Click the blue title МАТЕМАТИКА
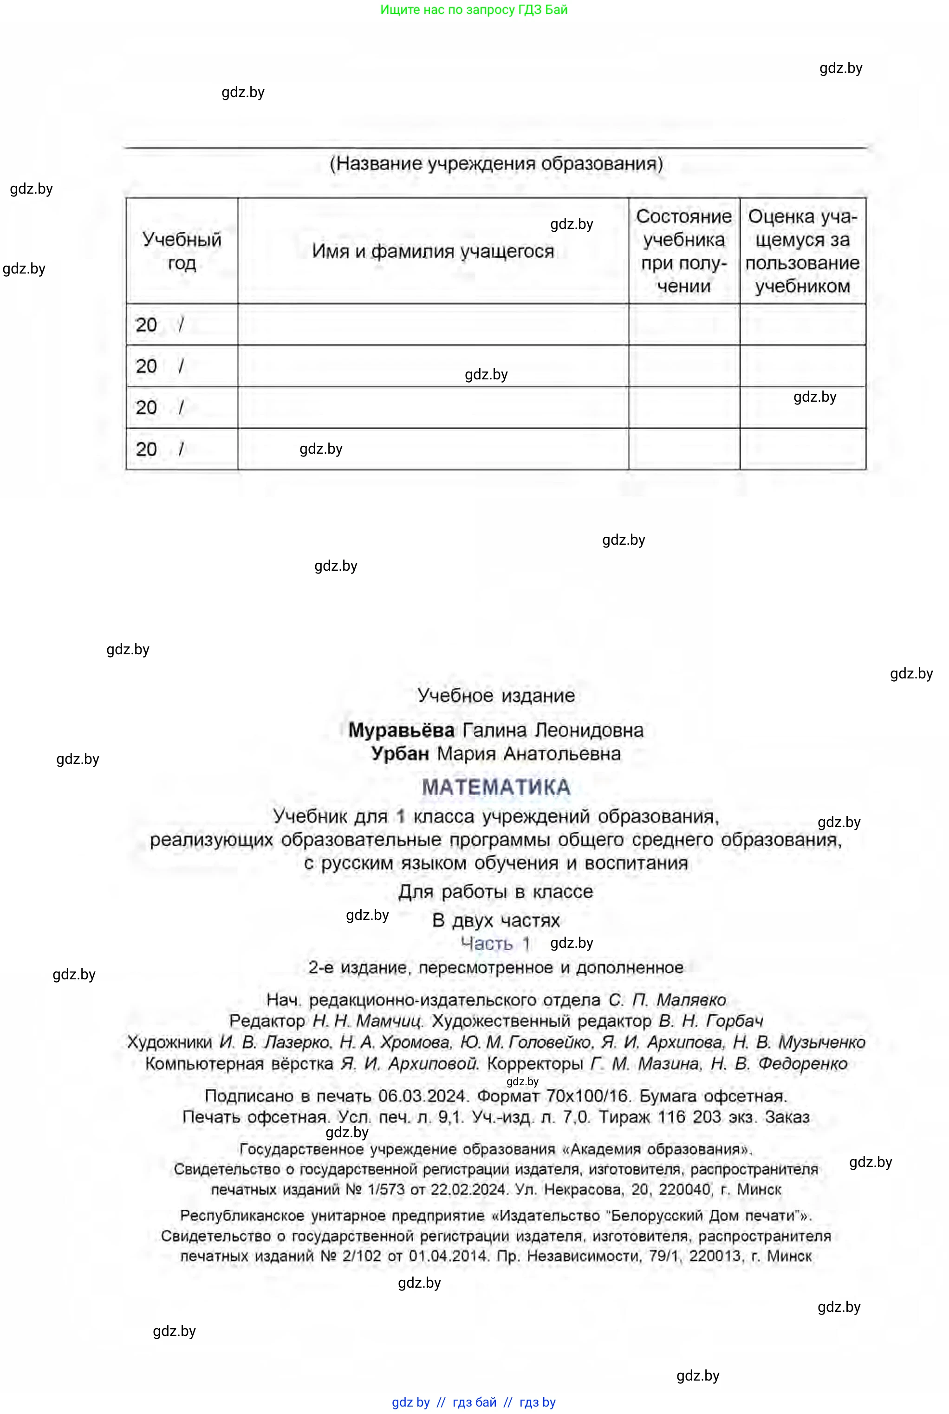pyautogui.click(x=496, y=787)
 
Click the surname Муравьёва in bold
pyautogui.click(x=401, y=730)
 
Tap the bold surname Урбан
pyautogui.click(x=400, y=754)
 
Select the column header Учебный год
pyautogui.click(x=182, y=251)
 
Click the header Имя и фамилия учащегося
pyautogui.click(x=433, y=251)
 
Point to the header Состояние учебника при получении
pyautogui.click(x=684, y=251)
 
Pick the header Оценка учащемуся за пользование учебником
pyautogui.click(x=803, y=251)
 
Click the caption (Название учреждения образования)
pyautogui.click(x=496, y=163)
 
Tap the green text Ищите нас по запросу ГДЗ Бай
pyautogui.click(x=474, y=9)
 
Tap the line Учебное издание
pyautogui.click(x=496, y=696)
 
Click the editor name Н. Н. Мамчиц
pyautogui.click(x=367, y=1021)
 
